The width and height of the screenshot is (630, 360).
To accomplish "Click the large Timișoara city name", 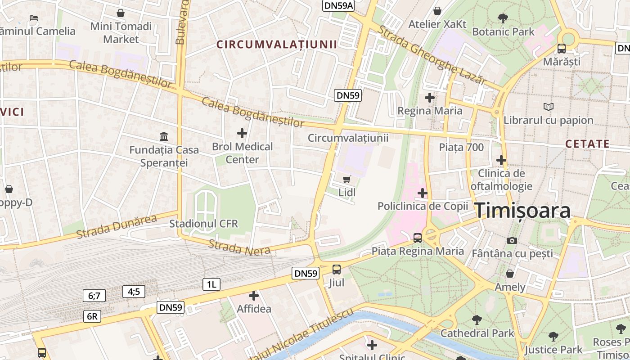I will click(x=522, y=211).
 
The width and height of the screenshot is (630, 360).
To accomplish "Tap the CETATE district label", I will click(x=587, y=144).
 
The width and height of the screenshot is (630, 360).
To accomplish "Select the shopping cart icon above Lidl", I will click(x=346, y=180).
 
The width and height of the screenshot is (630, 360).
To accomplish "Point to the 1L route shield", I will click(x=211, y=284).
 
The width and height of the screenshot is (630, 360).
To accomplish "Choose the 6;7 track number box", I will click(x=94, y=296).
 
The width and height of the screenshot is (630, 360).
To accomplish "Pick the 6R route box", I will click(x=92, y=316).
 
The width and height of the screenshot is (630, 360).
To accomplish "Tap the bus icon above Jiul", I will click(x=337, y=270).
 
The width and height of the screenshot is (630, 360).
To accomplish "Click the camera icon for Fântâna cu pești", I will click(x=512, y=240).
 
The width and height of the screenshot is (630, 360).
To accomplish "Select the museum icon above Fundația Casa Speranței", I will click(x=164, y=136).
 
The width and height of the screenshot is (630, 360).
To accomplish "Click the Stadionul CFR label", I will click(x=203, y=224).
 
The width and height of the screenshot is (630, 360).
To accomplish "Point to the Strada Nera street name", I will click(x=239, y=247).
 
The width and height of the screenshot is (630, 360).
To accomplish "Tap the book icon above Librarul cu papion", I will click(x=548, y=107).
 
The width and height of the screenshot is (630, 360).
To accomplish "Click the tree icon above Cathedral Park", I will click(x=477, y=320).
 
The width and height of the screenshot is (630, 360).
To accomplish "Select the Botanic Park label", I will click(x=503, y=31).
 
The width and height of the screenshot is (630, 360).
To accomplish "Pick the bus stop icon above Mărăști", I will click(x=562, y=48).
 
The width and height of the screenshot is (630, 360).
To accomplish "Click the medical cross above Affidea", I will click(x=254, y=296).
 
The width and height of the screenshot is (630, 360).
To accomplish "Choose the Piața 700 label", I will click(x=461, y=147).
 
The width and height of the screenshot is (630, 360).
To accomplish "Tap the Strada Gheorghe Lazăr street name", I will click(x=432, y=55).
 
